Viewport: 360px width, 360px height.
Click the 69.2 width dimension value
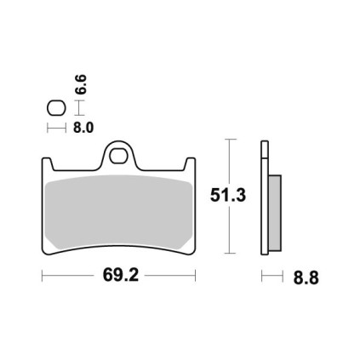point(121,275)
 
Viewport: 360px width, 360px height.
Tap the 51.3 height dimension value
point(228,196)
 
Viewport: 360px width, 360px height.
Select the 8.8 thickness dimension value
point(306,278)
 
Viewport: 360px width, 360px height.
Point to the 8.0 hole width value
point(83,128)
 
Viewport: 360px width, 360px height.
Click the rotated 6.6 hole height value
point(81,84)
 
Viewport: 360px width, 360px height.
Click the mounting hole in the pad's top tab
point(117,157)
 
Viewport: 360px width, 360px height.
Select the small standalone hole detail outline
point(56,108)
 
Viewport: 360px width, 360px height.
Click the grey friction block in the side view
point(275,213)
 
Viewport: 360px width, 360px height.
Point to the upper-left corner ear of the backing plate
point(47,163)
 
